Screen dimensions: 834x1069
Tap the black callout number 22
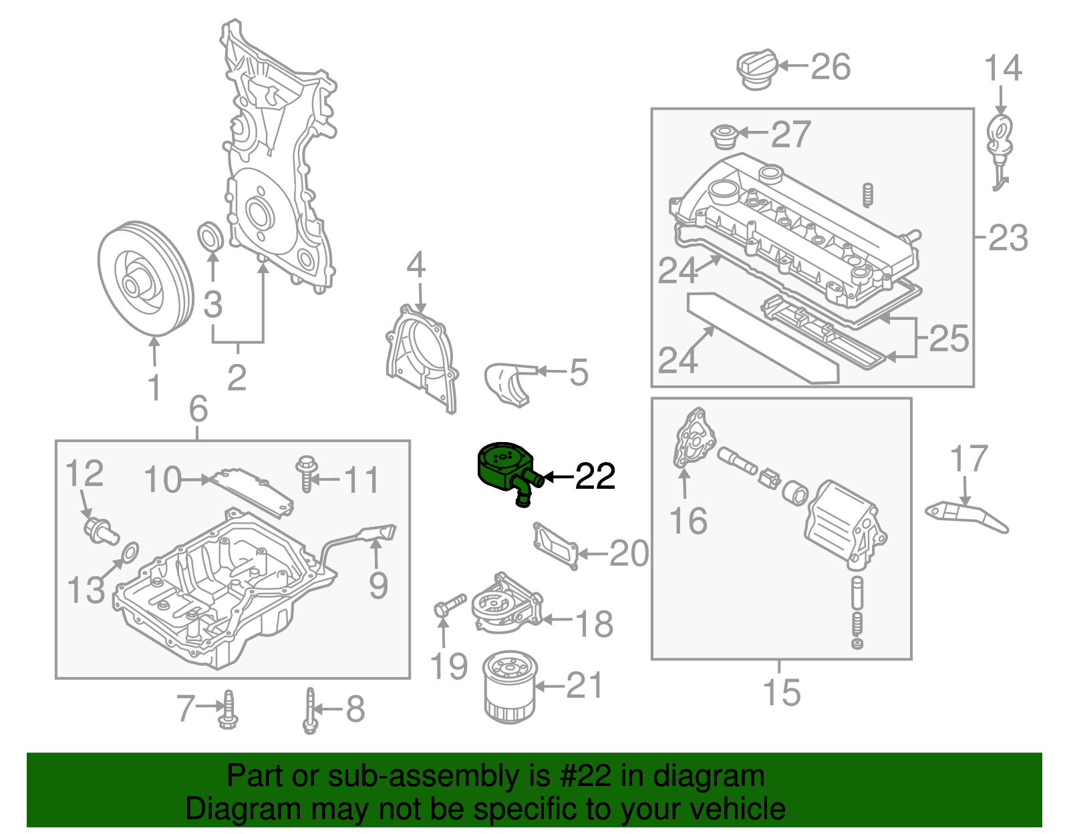click(595, 477)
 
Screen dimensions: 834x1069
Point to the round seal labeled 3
click(211, 237)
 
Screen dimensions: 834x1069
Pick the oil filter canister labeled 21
click(509, 688)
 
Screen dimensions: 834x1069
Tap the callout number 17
click(968, 459)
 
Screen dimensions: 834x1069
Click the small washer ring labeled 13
click(131, 552)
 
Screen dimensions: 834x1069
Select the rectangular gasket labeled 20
click(555, 546)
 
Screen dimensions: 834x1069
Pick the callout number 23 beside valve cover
click(1008, 238)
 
